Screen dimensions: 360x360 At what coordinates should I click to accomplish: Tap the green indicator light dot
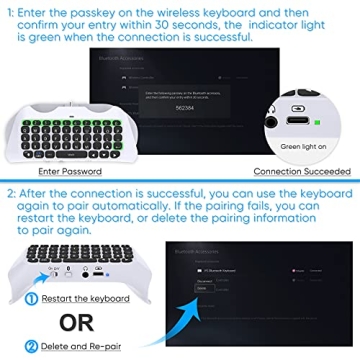click(x=317, y=123)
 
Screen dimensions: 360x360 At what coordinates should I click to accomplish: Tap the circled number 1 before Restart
click(x=14, y=298)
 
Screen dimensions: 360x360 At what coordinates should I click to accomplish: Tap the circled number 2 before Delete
click(x=14, y=347)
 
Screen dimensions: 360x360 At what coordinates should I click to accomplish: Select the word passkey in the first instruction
click(x=105, y=9)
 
